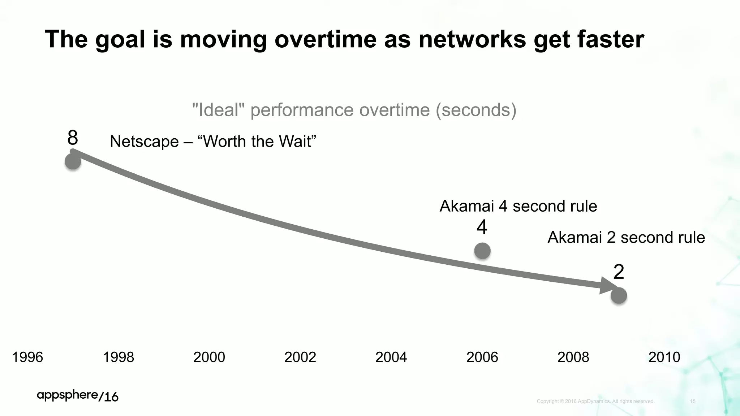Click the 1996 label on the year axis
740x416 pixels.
pyautogui.click(x=27, y=357)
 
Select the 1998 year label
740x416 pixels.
pyautogui.click(x=119, y=357)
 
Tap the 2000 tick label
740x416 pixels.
pyautogui.click(x=209, y=357)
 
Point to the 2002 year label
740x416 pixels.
pyautogui.click(x=300, y=357)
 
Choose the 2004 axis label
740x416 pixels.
pyautogui.click(x=391, y=357)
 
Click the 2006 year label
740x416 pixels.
pyautogui.click(x=482, y=357)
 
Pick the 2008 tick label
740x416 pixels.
pyautogui.click(x=573, y=357)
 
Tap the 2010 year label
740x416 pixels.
pyautogui.click(x=664, y=357)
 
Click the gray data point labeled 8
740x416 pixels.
pyautogui.click(x=73, y=161)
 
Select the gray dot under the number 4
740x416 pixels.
pyautogui.click(x=482, y=251)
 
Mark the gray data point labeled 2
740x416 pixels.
pyautogui.click(x=619, y=296)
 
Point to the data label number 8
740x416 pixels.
pyautogui.click(x=73, y=138)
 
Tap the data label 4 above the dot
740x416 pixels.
pyautogui.click(x=482, y=227)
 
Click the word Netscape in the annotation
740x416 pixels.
pyautogui.click(x=144, y=141)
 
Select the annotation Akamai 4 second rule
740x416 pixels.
pyautogui.click(x=518, y=206)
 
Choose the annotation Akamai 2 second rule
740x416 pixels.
pyautogui.click(x=626, y=238)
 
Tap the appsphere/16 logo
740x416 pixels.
pyautogui.click(x=78, y=396)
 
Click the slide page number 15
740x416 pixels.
pyautogui.click(x=693, y=401)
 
